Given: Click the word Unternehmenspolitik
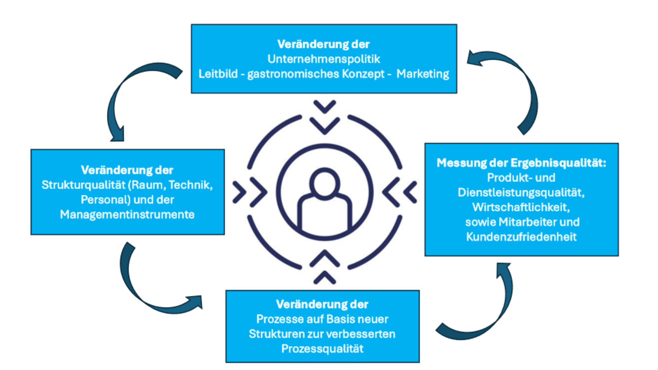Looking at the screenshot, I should pyautogui.click(x=324, y=59).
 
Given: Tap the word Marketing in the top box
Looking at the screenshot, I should pyautogui.click(x=423, y=74).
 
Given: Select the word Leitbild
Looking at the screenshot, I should pyautogui.click(x=218, y=74).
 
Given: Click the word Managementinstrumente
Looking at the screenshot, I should pyautogui.click(x=127, y=215).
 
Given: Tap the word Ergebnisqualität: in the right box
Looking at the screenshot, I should pyautogui.click(x=558, y=163).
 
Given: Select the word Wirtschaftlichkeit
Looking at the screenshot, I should pyautogui.click(x=521, y=207).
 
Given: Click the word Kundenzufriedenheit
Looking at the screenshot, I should pyautogui.click(x=521, y=237).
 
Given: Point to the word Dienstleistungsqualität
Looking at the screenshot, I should pyautogui.click(x=521, y=193).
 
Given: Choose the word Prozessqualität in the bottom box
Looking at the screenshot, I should pyautogui.click(x=322, y=349).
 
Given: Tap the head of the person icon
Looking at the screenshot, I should pyautogui.click(x=325, y=182).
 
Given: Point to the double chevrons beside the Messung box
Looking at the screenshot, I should pyautogui.click(x=399, y=193).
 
